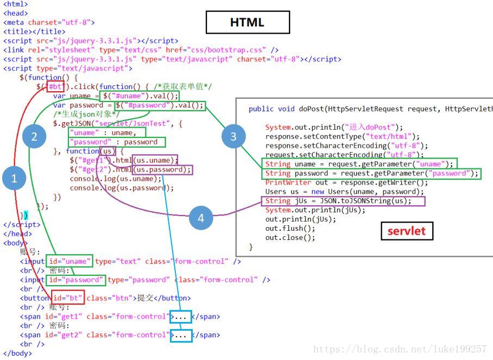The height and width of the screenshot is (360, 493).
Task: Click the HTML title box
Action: [247, 22]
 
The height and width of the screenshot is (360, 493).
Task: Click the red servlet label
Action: [407, 231]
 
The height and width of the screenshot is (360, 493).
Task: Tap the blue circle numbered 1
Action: [14, 178]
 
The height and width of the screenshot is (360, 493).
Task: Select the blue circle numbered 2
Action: [34, 137]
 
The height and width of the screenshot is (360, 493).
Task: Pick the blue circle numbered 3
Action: [233, 137]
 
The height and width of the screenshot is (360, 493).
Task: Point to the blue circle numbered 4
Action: [201, 218]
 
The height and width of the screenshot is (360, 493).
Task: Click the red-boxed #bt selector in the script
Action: [56, 86]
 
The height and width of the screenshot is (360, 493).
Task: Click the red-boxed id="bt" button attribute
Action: [68, 298]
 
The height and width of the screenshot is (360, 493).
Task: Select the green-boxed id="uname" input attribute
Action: [69, 261]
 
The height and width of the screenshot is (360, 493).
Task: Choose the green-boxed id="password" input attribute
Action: [75, 280]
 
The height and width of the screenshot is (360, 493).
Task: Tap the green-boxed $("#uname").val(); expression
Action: [140, 96]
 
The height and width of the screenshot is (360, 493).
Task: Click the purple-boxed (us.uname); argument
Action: [156, 160]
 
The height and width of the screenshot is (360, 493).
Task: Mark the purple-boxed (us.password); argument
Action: [162, 169]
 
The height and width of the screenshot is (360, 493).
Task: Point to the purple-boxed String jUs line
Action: [337, 201]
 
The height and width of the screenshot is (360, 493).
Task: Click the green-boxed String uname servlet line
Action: [358, 163]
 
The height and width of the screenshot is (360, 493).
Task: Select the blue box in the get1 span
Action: [181, 317]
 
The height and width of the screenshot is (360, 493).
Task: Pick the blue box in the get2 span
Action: [181, 335]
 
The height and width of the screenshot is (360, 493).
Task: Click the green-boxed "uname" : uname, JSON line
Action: [108, 132]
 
